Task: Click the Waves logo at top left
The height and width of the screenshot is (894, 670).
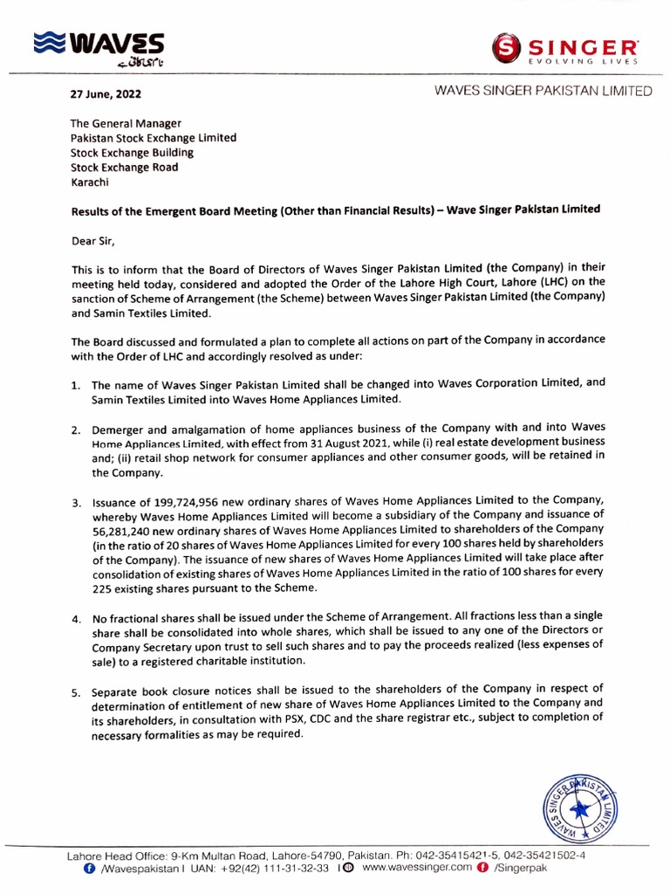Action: point(97,48)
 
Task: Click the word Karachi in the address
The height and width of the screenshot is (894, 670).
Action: point(91,182)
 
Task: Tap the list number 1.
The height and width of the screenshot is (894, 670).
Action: point(75,385)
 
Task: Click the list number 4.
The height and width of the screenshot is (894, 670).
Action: point(75,619)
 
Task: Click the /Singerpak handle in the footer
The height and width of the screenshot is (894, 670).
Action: point(520,870)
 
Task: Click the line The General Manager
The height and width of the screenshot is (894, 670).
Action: point(126,123)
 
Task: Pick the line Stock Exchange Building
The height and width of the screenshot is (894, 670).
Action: point(132,153)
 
